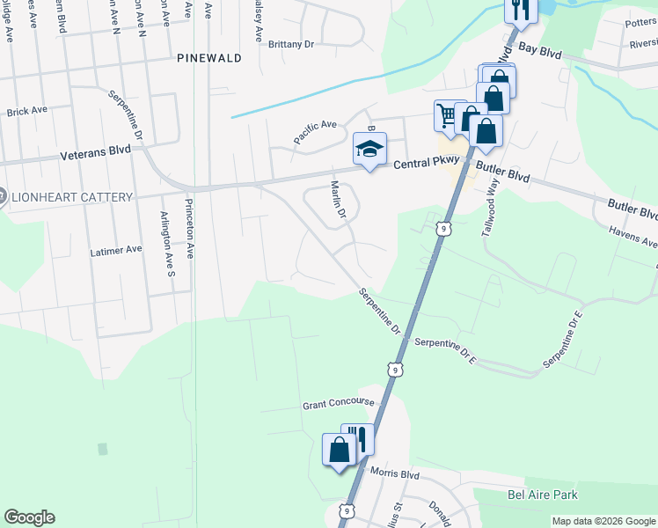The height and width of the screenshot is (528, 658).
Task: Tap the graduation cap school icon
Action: tap(370, 149)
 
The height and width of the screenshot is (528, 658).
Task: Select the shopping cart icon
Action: tap(448, 114)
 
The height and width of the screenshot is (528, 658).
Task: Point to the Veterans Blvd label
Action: tap(96, 151)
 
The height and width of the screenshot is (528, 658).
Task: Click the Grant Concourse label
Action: tap(339, 404)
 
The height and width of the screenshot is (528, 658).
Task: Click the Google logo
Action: tap(29, 517)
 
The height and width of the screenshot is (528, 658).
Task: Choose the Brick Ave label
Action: tap(26, 112)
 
